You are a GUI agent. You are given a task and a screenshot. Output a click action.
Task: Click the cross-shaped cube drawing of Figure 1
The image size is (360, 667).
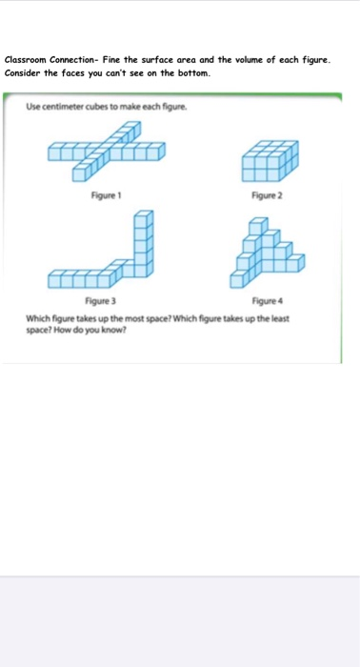105,152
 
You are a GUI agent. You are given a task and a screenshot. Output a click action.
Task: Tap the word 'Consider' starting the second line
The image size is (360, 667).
24,72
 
